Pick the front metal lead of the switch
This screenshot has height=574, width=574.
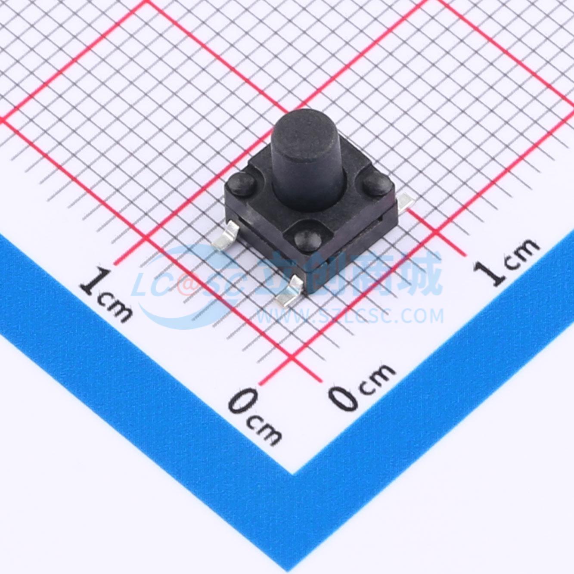click(289, 291)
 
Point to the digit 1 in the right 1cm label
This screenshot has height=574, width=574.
click(491, 272)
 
